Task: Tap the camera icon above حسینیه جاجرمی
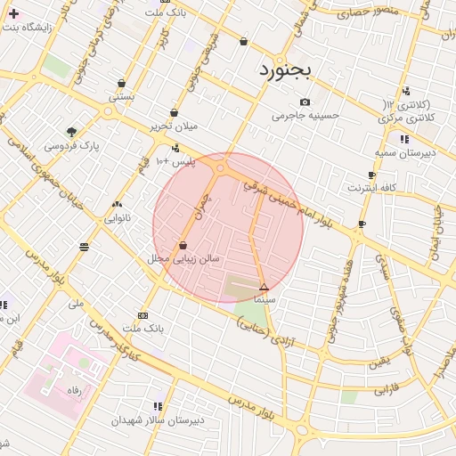click(x=305, y=102)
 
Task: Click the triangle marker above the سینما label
click(x=264, y=287)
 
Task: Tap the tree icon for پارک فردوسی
click(x=72, y=132)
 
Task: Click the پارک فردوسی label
click(x=72, y=144)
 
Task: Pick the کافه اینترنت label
click(x=369, y=188)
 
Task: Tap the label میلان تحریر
click(x=173, y=126)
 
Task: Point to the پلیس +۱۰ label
click(x=175, y=161)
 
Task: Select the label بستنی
click(x=121, y=95)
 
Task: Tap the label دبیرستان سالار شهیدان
click(x=158, y=419)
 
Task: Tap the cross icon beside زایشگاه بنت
click(x=13, y=13)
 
